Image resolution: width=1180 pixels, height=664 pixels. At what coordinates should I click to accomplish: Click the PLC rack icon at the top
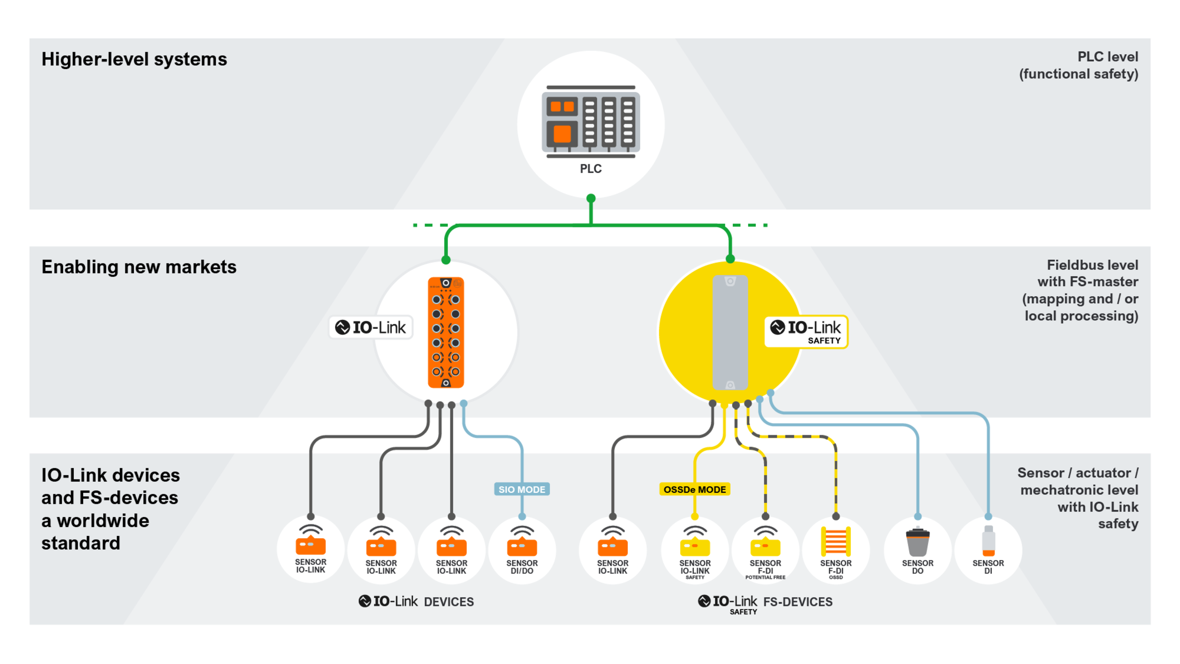click(x=591, y=122)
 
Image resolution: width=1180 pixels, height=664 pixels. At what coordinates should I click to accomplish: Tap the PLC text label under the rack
click(x=591, y=169)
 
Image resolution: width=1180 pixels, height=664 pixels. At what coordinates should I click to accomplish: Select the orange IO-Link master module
click(x=446, y=333)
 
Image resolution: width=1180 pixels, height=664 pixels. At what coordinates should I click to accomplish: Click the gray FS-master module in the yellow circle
click(x=730, y=333)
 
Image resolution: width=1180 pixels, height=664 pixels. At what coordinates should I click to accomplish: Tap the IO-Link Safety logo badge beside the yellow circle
click(x=806, y=331)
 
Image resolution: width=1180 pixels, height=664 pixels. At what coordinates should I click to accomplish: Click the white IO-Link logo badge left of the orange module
click(x=371, y=328)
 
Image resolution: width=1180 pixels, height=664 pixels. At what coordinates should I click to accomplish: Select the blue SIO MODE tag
click(x=522, y=490)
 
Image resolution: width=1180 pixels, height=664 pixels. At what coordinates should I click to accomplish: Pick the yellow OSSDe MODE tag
click(x=694, y=490)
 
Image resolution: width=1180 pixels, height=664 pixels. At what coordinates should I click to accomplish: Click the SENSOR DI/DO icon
click(x=522, y=543)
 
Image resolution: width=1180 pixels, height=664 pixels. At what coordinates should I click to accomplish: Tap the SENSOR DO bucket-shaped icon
click(x=917, y=542)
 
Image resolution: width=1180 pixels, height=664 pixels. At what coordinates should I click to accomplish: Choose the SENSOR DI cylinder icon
click(x=988, y=541)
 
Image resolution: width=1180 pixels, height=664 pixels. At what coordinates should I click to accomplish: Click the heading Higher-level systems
click(x=134, y=59)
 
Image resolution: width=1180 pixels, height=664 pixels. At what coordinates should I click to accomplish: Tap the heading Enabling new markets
click(x=139, y=267)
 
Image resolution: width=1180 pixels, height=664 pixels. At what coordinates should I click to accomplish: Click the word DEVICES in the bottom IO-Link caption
click(x=449, y=602)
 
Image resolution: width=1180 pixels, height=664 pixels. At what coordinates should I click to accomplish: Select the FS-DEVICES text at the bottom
click(x=798, y=602)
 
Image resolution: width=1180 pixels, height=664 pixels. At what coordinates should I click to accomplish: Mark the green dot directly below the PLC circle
click(x=591, y=199)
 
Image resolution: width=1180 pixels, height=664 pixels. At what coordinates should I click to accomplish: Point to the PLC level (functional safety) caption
click(x=1078, y=65)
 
